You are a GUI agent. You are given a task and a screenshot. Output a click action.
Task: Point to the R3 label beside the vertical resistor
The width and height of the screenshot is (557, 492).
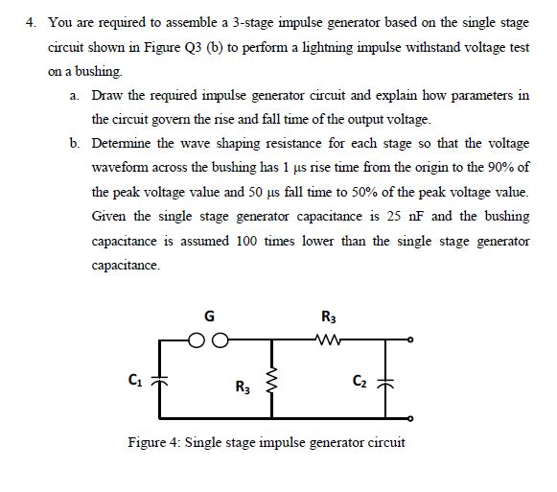(241, 387)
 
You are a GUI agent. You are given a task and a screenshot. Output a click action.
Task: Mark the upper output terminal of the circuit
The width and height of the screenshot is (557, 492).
(411, 339)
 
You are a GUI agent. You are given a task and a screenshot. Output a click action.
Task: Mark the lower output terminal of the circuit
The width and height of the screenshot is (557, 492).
(411, 418)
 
